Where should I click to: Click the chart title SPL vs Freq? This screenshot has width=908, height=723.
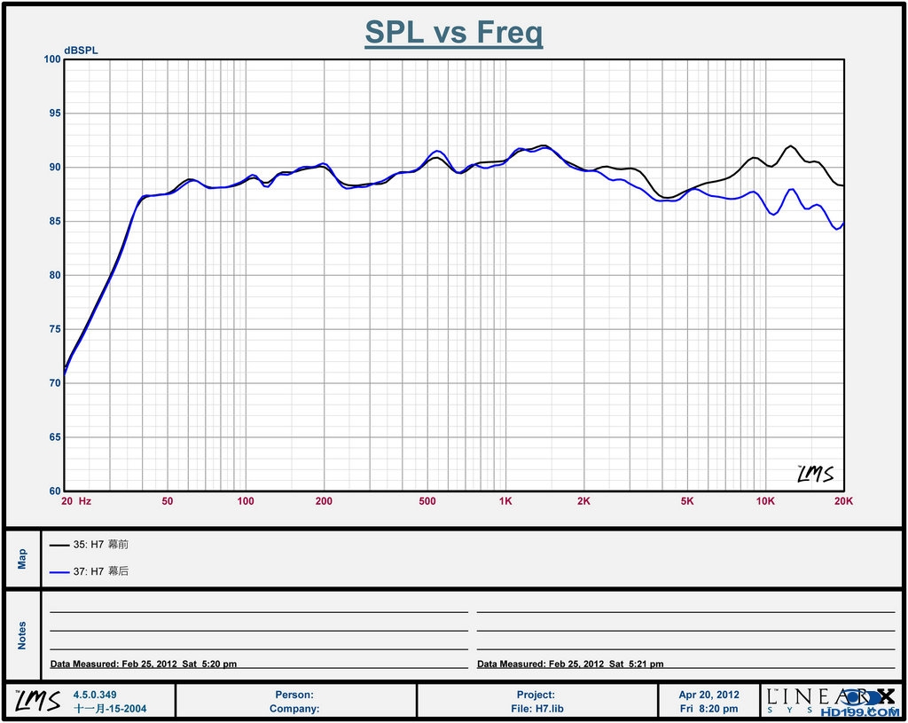coord(453,33)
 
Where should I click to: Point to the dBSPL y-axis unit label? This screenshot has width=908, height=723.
coord(81,50)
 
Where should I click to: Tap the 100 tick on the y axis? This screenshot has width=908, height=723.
coord(51,59)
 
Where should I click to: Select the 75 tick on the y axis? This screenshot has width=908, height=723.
coord(53,329)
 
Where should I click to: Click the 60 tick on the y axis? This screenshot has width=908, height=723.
coord(53,491)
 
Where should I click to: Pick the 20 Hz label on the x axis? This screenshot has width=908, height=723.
coord(75,501)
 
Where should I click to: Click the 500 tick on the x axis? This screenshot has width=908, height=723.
coord(427,501)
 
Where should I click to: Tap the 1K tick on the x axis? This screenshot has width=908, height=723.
coord(505,501)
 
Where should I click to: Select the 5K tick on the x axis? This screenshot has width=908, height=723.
coord(687,501)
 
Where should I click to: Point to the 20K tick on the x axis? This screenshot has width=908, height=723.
coord(843,501)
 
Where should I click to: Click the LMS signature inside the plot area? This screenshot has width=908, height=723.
coord(815,475)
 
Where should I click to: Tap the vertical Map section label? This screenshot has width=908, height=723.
coord(22,558)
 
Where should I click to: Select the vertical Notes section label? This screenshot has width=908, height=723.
coord(22,634)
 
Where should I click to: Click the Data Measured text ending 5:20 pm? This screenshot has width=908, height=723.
coord(144,664)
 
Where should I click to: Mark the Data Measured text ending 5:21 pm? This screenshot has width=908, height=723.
coord(570,664)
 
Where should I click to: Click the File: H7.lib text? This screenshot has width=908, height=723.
coord(536,709)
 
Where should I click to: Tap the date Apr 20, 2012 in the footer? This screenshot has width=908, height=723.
coord(708,695)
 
